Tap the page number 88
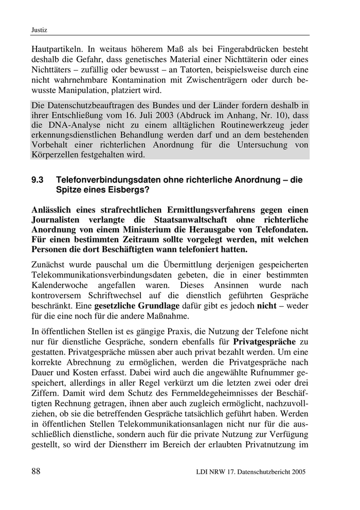38,471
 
